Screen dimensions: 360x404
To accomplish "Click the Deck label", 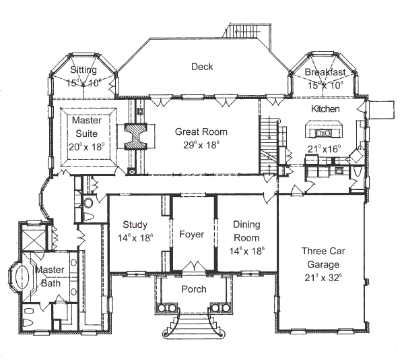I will [x=201, y=66].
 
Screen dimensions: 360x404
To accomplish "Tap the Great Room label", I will [x=201, y=131].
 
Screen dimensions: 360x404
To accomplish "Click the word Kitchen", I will [x=325, y=109].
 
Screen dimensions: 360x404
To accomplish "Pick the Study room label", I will [x=136, y=224].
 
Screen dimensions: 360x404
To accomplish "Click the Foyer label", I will [x=191, y=235].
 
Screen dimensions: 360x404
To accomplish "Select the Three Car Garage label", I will [x=324, y=258].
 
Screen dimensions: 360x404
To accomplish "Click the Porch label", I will [x=193, y=289].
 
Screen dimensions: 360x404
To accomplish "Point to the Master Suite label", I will [x=87, y=126].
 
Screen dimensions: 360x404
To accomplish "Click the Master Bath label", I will [x=49, y=276].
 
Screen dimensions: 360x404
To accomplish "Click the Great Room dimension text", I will [x=202, y=145].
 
